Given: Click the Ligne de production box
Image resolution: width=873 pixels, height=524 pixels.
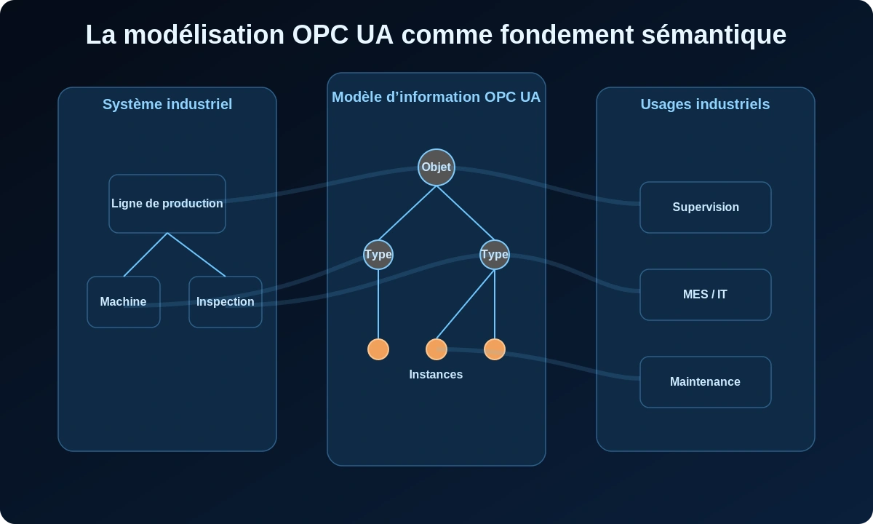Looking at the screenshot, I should (167, 204).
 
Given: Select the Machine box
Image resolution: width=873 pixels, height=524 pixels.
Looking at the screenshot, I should (124, 302).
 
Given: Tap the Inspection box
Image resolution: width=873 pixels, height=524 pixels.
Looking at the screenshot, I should (226, 302).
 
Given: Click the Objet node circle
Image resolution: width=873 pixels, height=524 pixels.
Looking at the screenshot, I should (436, 167).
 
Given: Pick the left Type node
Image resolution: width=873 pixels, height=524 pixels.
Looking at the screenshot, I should (378, 255).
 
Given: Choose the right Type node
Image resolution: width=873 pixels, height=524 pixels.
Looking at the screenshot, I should (495, 255).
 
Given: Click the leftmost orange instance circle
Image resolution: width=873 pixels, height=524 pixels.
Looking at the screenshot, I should (378, 349).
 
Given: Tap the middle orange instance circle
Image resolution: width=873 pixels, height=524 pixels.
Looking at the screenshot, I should (436, 349).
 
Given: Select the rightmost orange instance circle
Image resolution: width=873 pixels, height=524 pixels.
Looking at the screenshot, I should (495, 349).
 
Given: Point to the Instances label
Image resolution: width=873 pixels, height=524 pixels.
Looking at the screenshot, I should (436, 375).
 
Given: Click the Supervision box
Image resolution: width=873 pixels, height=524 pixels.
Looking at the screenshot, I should (706, 207).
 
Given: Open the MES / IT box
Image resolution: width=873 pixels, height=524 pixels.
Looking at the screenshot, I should (706, 295).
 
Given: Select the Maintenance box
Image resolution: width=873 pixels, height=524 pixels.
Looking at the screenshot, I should (706, 382).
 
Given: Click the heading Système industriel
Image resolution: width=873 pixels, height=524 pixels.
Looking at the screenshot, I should (167, 104).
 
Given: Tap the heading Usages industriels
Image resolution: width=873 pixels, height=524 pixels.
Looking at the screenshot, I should (705, 104).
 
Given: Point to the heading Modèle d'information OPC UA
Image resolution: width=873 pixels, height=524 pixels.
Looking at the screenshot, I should (436, 97).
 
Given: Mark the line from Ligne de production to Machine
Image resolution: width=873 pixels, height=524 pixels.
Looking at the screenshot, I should (145, 255).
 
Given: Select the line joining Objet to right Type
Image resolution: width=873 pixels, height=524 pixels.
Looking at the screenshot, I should (466, 213).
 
